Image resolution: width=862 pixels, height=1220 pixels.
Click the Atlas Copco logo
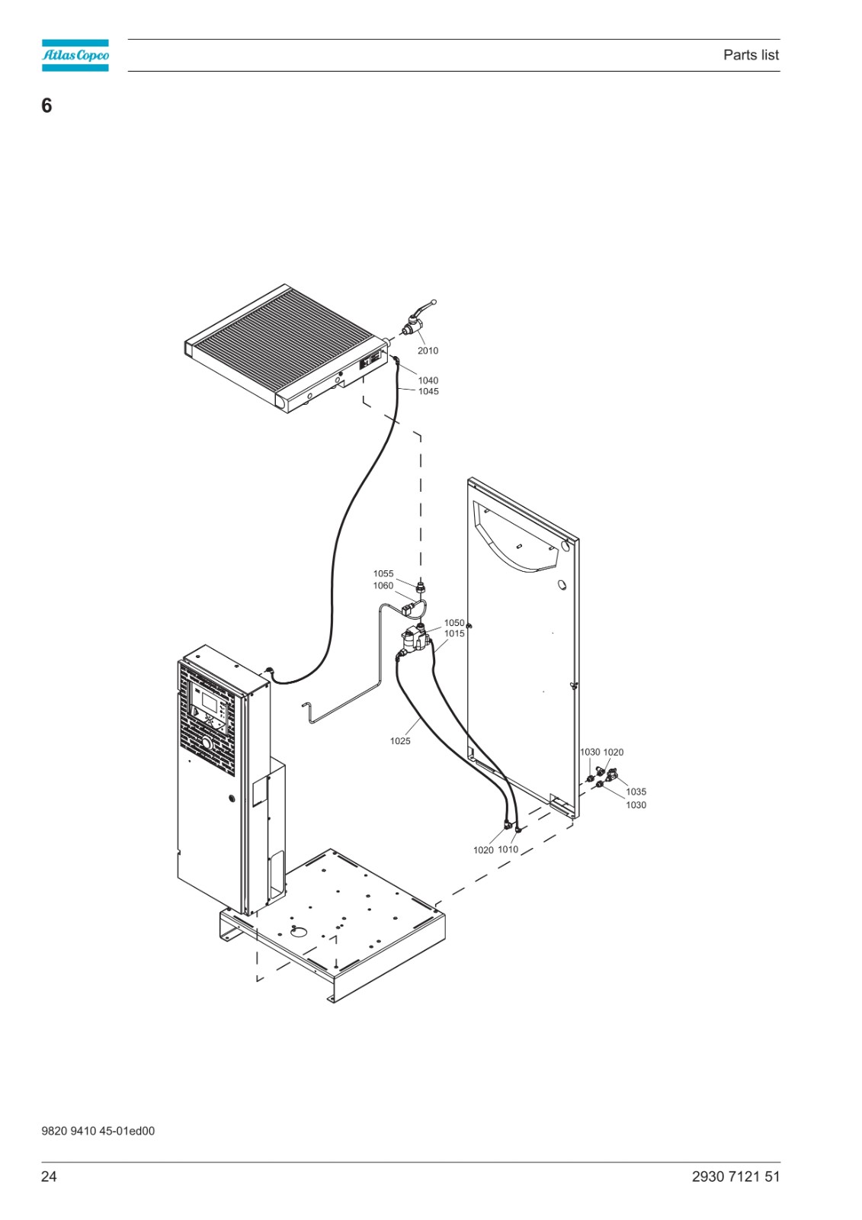(x=75, y=55)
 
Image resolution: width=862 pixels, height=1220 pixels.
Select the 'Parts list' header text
(x=751, y=55)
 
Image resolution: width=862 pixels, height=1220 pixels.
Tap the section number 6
(x=46, y=105)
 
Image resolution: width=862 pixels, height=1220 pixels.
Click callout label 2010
(x=428, y=351)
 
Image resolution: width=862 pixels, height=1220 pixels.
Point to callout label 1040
(x=428, y=380)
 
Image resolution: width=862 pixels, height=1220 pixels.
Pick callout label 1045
(x=428, y=392)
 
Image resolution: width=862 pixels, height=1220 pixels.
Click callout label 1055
(x=383, y=573)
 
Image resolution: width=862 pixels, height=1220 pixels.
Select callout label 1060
(x=383, y=586)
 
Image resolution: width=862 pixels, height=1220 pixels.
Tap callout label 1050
(x=454, y=622)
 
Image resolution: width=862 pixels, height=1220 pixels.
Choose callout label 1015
(x=454, y=634)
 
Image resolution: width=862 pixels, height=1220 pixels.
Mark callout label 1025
(x=400, y=740)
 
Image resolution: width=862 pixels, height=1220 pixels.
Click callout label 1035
(x=636, y=792)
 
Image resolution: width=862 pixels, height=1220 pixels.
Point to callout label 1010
(x=508, y=849)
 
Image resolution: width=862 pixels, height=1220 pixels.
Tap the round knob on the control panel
(x=207, y=743)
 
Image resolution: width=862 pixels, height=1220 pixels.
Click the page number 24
(x=49, y=1177)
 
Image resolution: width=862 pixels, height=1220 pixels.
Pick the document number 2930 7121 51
(x=735, y=1177)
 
